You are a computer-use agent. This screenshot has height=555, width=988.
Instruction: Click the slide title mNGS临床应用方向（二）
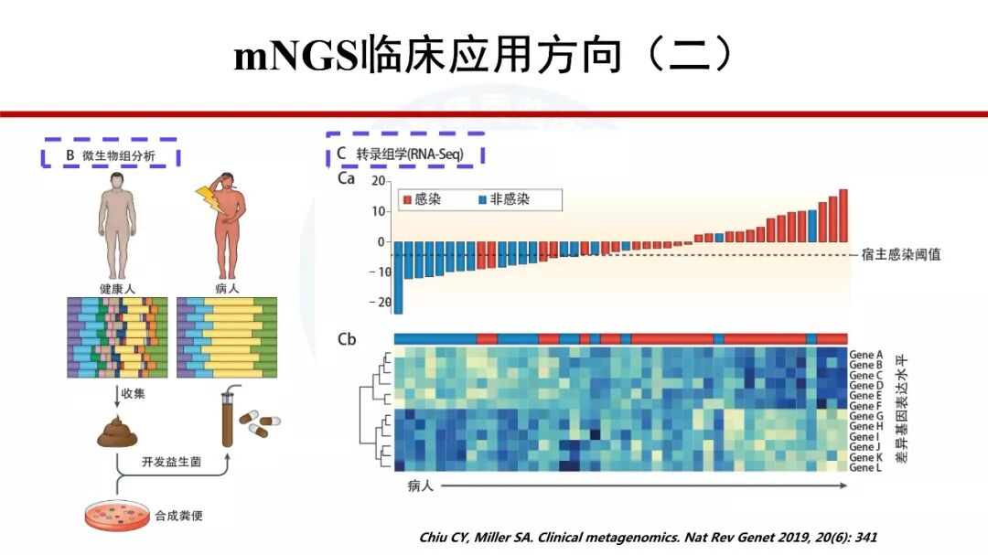484,56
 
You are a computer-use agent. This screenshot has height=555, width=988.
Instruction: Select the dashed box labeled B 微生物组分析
110,155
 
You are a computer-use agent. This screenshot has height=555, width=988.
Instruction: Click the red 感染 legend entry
422,199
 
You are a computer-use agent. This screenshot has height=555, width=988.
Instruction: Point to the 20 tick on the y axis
377,181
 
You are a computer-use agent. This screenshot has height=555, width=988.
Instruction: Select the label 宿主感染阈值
900,254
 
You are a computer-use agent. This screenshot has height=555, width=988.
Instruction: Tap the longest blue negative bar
398,278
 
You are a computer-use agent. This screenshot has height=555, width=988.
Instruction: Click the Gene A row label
865,354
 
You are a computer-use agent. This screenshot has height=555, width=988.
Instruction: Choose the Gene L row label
865,467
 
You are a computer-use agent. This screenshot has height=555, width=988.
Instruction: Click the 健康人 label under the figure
117,288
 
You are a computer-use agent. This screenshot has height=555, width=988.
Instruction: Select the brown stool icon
117,432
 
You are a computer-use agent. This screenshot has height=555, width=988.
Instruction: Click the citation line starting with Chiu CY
647,538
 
